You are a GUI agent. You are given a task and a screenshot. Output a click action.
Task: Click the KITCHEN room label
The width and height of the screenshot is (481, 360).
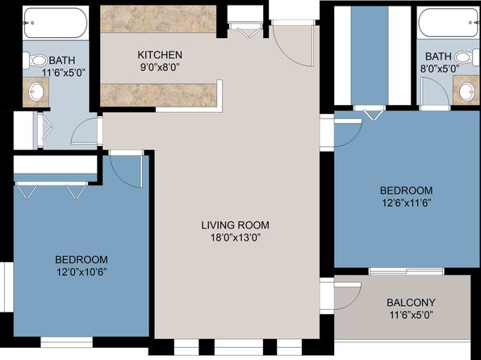[160, 55]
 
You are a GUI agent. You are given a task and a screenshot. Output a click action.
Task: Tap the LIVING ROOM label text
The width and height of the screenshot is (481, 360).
[236, 225]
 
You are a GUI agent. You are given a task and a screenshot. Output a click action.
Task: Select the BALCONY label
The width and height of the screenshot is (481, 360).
[411, 303]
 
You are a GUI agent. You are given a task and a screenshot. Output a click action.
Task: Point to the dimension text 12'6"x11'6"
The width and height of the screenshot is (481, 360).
[406, 203]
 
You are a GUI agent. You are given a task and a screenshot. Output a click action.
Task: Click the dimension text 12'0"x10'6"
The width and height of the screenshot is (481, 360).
[82, 272]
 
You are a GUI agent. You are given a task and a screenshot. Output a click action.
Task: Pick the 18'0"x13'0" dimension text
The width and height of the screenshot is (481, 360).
[236, 237]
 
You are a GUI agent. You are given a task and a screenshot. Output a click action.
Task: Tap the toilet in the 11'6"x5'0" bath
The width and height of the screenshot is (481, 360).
[35, 61]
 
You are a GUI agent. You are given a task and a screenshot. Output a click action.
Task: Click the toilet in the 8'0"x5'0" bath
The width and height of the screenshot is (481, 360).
[467, 57]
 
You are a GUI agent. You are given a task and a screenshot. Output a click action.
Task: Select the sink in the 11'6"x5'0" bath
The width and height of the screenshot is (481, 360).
[36, 92]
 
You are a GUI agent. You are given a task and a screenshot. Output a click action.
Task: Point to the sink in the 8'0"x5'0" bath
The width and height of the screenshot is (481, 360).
[466, 90]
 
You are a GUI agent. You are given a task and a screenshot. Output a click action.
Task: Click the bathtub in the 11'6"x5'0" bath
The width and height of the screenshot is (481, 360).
[56, 23]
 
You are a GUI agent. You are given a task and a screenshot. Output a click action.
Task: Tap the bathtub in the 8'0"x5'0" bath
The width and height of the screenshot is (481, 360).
[448, 23]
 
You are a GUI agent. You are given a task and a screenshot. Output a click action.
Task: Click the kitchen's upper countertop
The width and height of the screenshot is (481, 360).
[158, 19]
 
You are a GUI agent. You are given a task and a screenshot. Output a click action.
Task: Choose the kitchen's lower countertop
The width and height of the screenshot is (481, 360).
[158, 95]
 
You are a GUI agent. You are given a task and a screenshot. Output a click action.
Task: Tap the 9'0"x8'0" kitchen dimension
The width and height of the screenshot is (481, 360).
[160, 67]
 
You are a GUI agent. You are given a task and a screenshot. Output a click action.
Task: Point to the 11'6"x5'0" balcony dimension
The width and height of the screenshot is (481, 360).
[411, 315]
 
